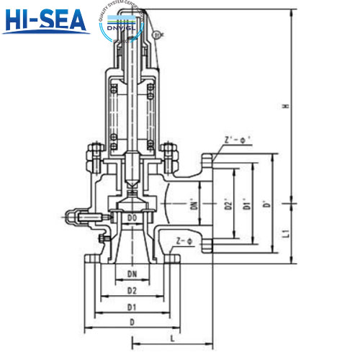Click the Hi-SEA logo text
45,22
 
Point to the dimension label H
285,107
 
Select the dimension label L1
285,233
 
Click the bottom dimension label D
132,323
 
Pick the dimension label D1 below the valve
132,307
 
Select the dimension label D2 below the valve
132,290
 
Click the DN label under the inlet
132,274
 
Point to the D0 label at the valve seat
132,217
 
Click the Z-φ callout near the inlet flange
184,239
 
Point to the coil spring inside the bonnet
132,112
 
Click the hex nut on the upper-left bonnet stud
91,153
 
